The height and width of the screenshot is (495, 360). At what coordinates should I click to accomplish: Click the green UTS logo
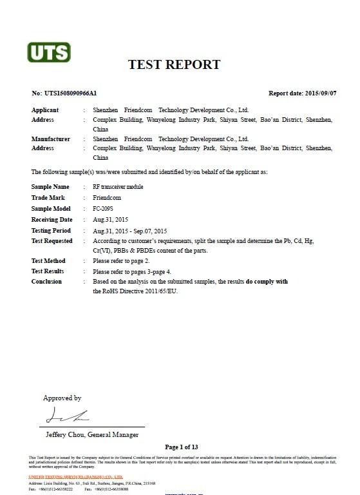[48, 52]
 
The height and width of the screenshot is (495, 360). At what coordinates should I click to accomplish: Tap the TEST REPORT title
[174, 64]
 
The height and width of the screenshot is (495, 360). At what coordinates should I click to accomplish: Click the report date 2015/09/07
[320, 93]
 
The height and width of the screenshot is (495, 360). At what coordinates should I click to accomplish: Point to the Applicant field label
[45, 110]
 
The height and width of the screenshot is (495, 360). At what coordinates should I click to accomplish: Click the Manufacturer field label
[51, 139]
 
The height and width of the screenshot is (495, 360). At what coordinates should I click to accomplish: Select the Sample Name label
[50, 186]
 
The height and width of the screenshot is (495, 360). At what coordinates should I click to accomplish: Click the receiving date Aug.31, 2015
[111, 220]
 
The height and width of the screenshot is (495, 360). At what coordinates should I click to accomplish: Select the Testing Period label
[52, 230]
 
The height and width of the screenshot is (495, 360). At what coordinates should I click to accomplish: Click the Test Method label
[48, 261]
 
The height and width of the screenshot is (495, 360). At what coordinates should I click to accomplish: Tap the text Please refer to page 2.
[121, 261]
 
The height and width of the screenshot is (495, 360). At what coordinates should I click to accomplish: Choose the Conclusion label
[46, 282]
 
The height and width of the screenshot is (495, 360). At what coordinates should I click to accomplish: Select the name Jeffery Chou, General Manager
[92, 434]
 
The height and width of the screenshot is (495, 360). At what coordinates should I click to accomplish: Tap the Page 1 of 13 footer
[181, 447]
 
